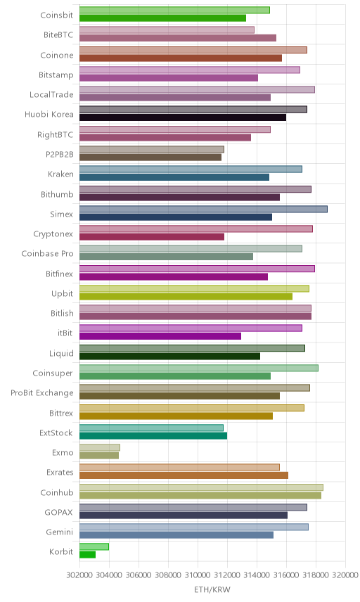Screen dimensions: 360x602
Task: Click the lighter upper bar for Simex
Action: tap(203, 210)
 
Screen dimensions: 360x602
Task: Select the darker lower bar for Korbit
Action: tap(87, 554)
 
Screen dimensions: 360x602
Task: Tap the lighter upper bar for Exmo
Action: tap(100, 448)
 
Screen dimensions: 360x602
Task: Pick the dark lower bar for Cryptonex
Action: tap(152, 237)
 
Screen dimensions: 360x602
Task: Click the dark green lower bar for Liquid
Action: tap(169, 357)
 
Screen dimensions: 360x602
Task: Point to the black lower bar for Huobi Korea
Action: tap(183, 117)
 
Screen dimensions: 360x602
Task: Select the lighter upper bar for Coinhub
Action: tap(201, 487)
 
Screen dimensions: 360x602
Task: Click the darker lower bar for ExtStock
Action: tap(153, 436)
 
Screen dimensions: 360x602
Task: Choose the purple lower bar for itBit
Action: tap(160, 336)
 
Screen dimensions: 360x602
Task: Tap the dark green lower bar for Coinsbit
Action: tap(162, 18)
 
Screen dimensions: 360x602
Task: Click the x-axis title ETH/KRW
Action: tap(212, 590)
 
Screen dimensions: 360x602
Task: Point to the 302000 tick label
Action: tap(79, 575)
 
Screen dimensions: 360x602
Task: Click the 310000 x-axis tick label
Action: tap(198, 575)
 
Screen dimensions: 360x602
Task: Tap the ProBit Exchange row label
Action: tap(41, 393)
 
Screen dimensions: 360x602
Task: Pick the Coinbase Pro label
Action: tap(47, 254)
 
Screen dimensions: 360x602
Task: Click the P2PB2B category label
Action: tap(59, 154)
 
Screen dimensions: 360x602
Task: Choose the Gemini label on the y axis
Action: tap(60, 532)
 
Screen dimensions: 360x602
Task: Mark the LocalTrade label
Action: tap(51, 94)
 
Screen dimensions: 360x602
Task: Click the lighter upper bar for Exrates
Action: tap(179, 467)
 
